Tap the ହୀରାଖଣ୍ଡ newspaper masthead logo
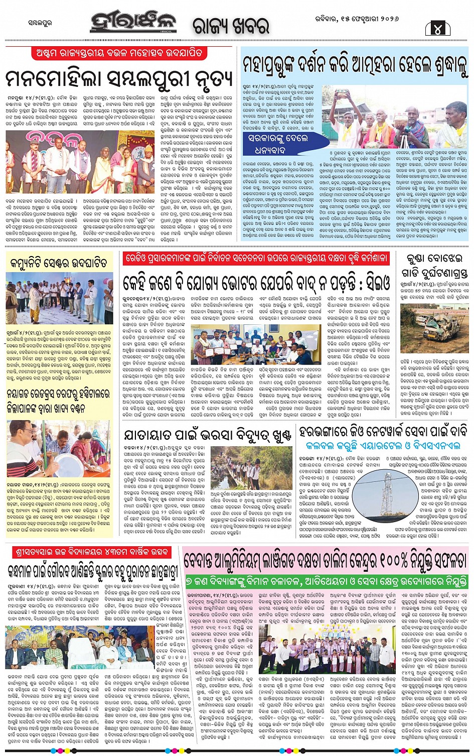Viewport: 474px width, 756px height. [133, 23]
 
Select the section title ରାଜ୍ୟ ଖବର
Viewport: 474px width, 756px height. [231, 25]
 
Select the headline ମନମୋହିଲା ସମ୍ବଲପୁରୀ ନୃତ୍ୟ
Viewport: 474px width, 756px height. [119, 78]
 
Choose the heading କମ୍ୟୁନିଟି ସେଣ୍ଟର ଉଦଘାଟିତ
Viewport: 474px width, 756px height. [58, 263]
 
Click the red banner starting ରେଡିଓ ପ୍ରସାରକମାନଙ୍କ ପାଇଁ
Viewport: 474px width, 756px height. [256, 258]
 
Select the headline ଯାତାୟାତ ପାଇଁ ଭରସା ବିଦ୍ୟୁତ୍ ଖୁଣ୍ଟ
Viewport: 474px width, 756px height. [208, 435]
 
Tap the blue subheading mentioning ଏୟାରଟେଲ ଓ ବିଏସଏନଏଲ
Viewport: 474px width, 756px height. [383, 445]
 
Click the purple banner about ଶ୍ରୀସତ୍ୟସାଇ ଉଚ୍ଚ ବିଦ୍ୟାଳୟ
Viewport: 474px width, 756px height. [90, 552]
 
